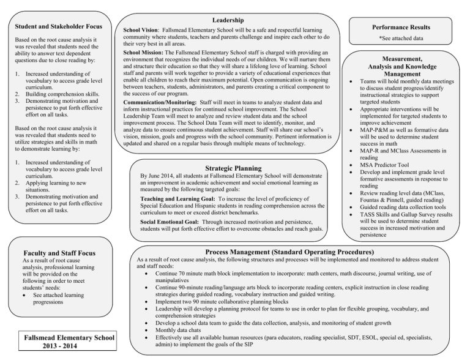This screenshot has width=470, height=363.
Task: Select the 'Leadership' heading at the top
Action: pyautogui.click(x=228, y=20)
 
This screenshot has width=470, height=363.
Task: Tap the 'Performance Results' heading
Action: pyautogui.click(x=405, y=28)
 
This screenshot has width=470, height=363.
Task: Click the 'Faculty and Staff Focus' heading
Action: pyautogui.click(x=56, y=253)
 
